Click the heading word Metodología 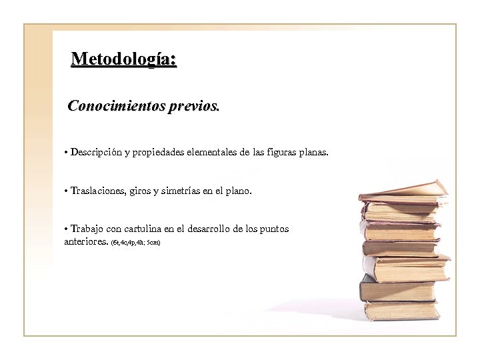123,59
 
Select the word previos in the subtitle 195,106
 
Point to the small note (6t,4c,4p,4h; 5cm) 135,241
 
